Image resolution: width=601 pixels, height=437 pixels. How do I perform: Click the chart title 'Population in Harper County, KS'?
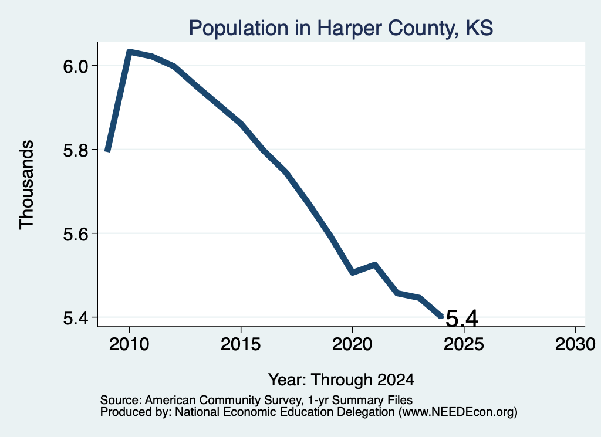[341, 28]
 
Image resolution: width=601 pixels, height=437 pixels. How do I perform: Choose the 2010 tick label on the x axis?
[129, 344]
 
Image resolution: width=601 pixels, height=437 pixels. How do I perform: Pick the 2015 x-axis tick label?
[241, 344]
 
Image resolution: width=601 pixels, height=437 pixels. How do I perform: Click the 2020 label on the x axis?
[352, 344]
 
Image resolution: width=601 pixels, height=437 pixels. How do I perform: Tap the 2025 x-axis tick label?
[464, 344]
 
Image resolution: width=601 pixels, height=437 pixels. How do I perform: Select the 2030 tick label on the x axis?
[575, 344]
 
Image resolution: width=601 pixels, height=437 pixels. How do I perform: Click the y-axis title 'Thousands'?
[27, 185]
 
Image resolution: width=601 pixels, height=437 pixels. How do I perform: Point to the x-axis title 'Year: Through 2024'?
[341, 380]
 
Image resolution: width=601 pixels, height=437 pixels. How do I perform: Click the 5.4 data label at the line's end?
[462, 319]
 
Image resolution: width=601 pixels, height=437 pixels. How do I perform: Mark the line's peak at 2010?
[130, 51]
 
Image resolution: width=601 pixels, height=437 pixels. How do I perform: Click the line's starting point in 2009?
[108, 151]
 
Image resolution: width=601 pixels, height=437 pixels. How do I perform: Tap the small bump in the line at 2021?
[375, 265]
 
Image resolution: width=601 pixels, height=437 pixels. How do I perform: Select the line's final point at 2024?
[441, 316]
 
